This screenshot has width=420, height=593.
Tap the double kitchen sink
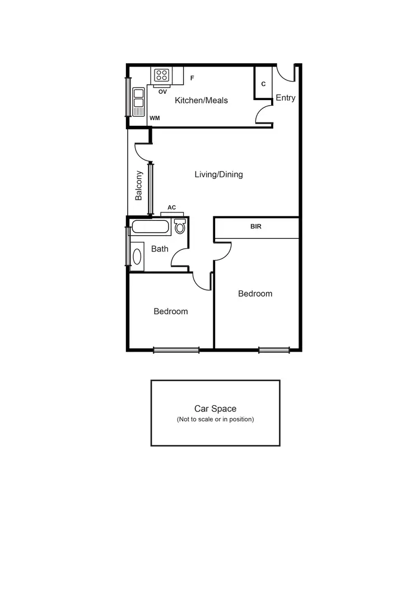138,102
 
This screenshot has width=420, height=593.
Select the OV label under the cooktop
162,91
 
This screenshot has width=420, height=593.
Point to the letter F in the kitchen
192,78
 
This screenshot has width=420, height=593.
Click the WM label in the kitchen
155,118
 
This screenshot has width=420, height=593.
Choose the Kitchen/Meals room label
201,101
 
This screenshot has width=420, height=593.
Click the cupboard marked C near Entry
263,84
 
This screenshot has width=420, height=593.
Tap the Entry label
285,98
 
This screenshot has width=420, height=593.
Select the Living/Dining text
218,174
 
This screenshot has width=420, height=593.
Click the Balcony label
139,186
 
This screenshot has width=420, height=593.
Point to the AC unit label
172,207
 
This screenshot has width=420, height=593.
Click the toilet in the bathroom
180,226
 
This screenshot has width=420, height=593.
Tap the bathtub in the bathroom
150,227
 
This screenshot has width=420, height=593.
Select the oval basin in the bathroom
137,256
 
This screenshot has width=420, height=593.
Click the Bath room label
160,249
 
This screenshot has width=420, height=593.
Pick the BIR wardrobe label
256,227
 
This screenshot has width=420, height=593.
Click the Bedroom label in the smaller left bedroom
171,311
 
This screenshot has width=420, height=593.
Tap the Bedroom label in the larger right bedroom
255,293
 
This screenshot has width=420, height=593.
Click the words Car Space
215,409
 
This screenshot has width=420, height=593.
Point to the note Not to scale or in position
215,419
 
